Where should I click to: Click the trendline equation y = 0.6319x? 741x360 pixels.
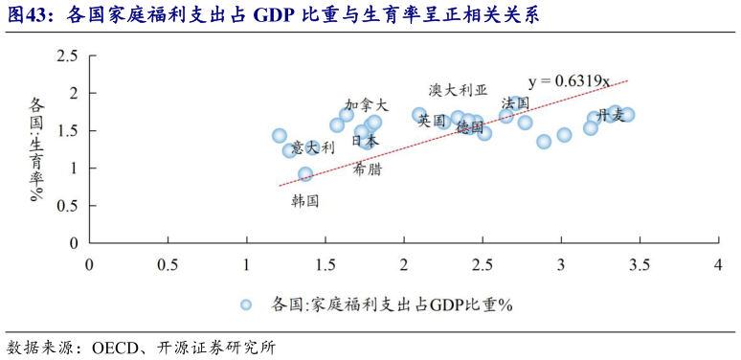(569, 80)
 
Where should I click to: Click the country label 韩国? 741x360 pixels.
(305, 200)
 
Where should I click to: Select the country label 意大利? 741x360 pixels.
(313, 147)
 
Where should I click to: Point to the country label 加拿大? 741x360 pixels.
(367, 104)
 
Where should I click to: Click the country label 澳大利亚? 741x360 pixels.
(458, 90)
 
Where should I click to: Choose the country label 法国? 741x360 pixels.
(515, 102)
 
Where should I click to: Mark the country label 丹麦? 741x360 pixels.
(611, 115)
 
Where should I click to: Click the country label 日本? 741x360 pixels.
(365, 140)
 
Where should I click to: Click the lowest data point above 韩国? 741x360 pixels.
(305, 174)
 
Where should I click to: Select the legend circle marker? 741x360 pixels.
(245, 304)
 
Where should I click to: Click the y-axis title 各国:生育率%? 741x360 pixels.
(37, 147)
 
